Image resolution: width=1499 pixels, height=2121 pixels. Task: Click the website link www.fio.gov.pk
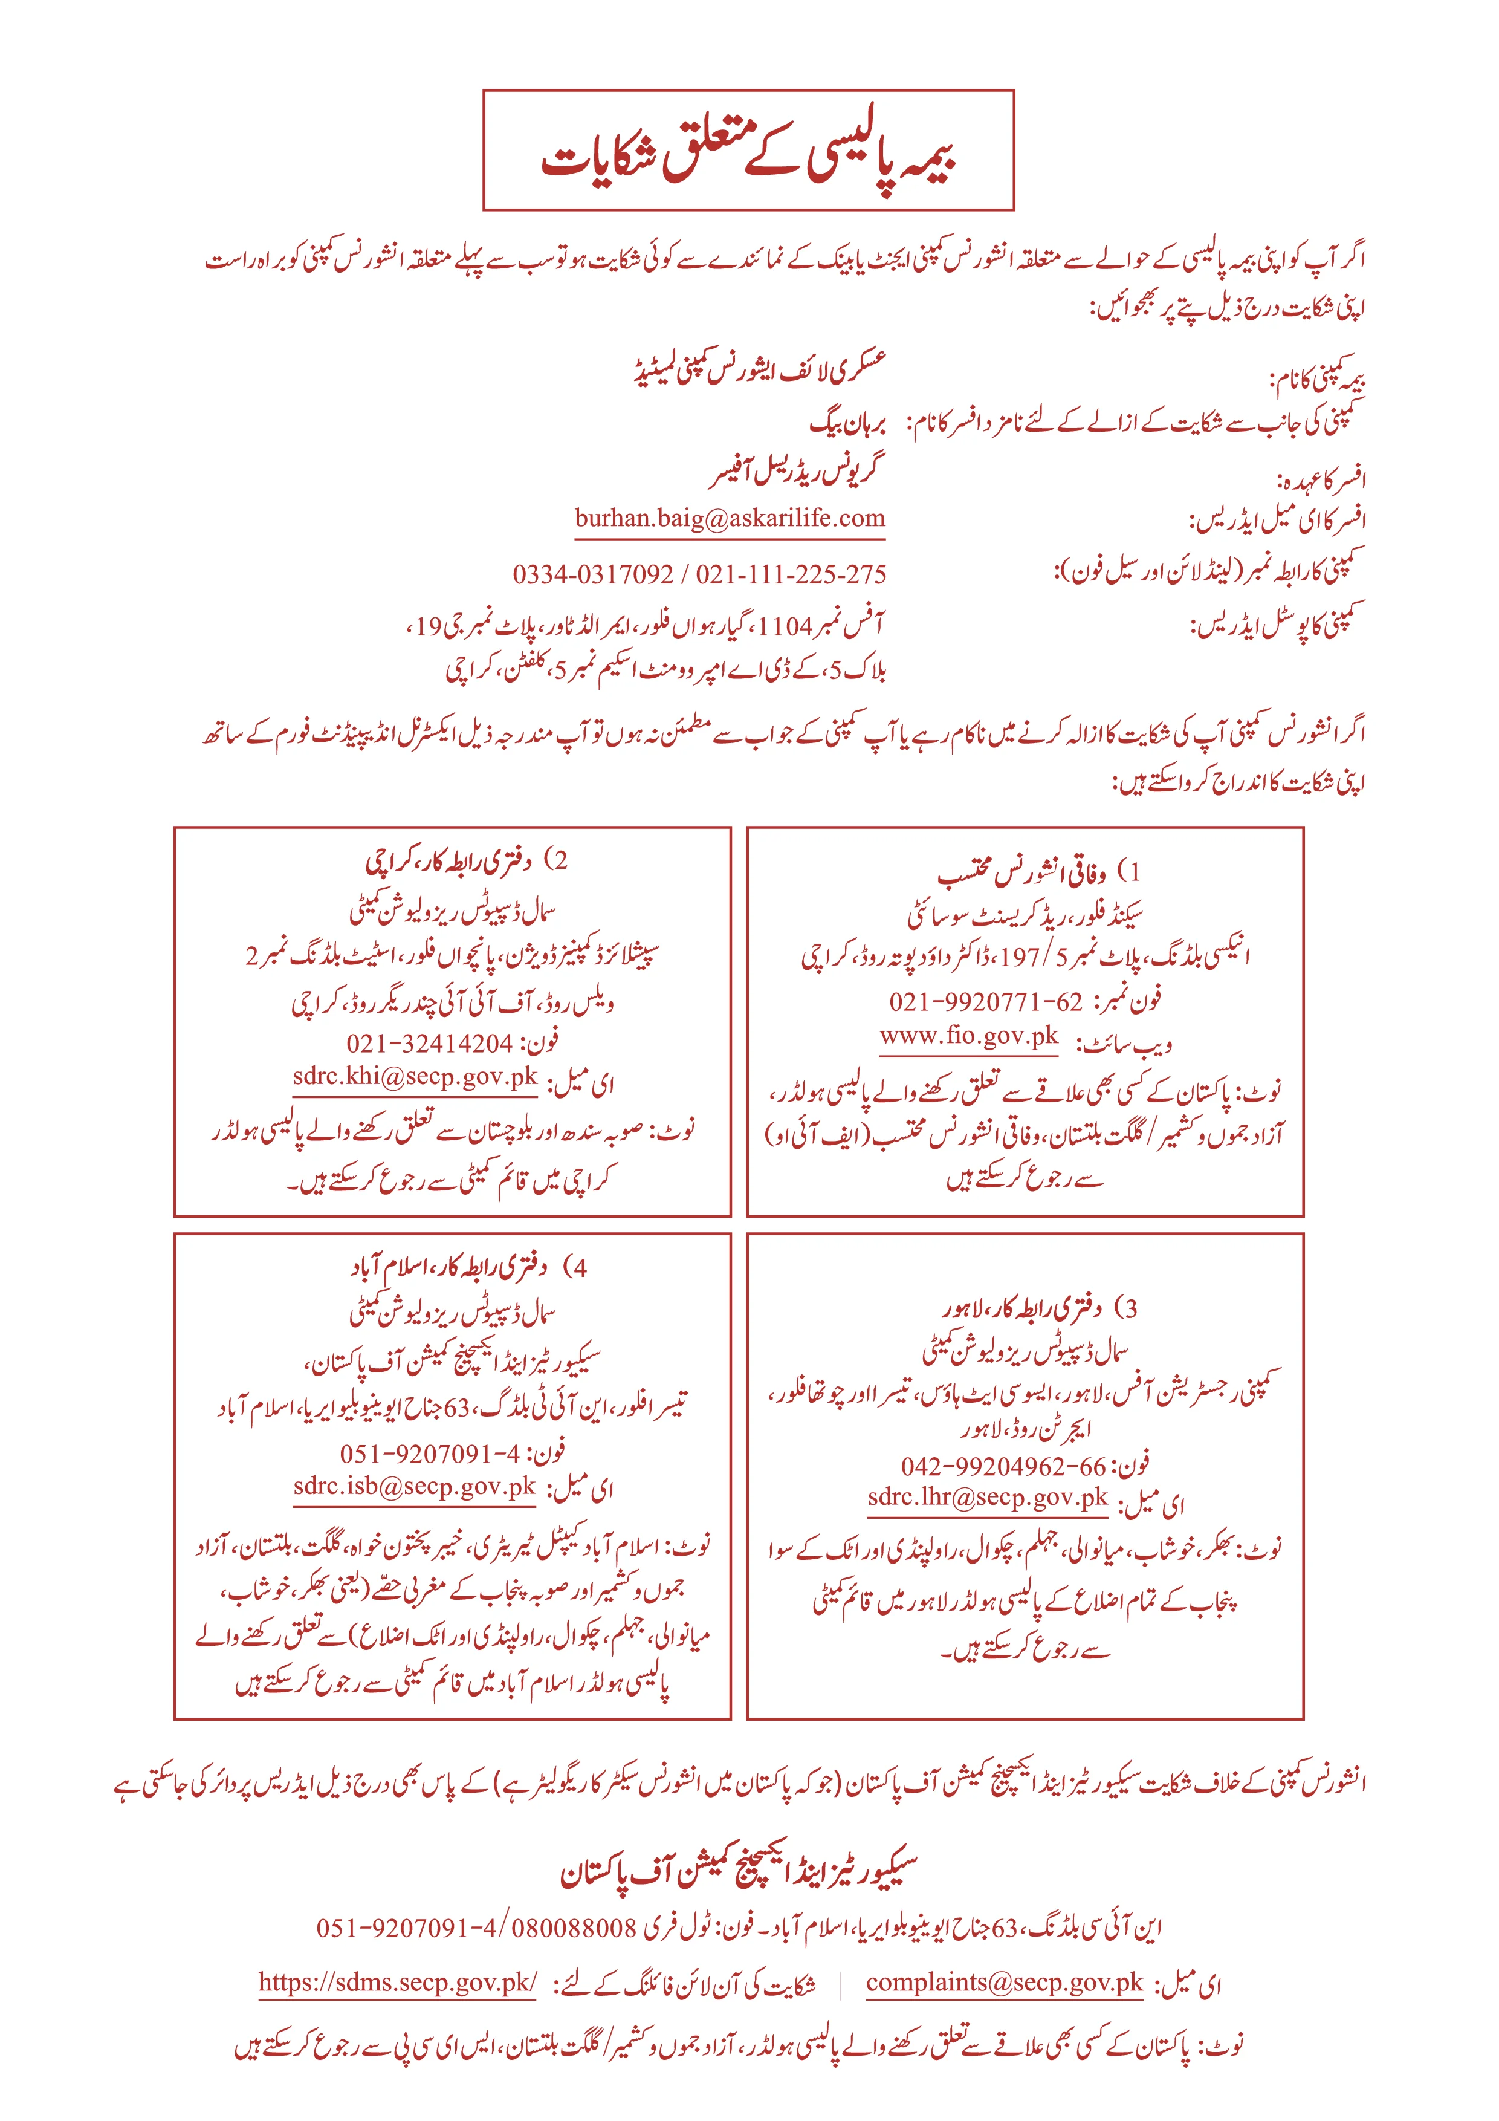click(969, 1036)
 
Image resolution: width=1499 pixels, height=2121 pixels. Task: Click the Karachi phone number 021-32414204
click(430, 1043)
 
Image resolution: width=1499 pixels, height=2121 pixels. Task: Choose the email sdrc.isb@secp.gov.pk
click(415, 1486)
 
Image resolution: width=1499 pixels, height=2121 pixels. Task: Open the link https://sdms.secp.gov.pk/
click(397, 1981)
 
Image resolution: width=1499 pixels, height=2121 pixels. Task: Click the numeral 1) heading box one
click(1130, 871)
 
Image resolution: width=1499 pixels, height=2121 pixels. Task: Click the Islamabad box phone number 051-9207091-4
click(430, 1453)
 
